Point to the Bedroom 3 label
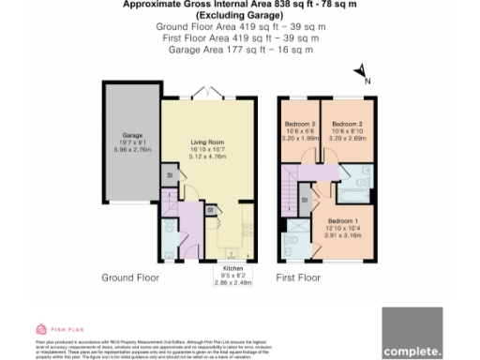[301, 124]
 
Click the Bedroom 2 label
[348, 124]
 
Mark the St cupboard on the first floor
[305, 200]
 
